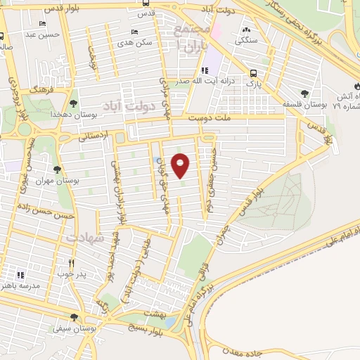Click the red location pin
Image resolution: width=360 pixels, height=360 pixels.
[181, 165]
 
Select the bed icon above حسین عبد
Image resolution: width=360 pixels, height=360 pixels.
[39, 23]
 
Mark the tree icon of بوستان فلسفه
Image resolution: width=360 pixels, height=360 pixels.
[304, 94]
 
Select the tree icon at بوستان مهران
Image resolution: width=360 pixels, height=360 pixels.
[57, 169]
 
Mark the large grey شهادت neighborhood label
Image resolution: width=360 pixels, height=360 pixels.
[86, 238]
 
